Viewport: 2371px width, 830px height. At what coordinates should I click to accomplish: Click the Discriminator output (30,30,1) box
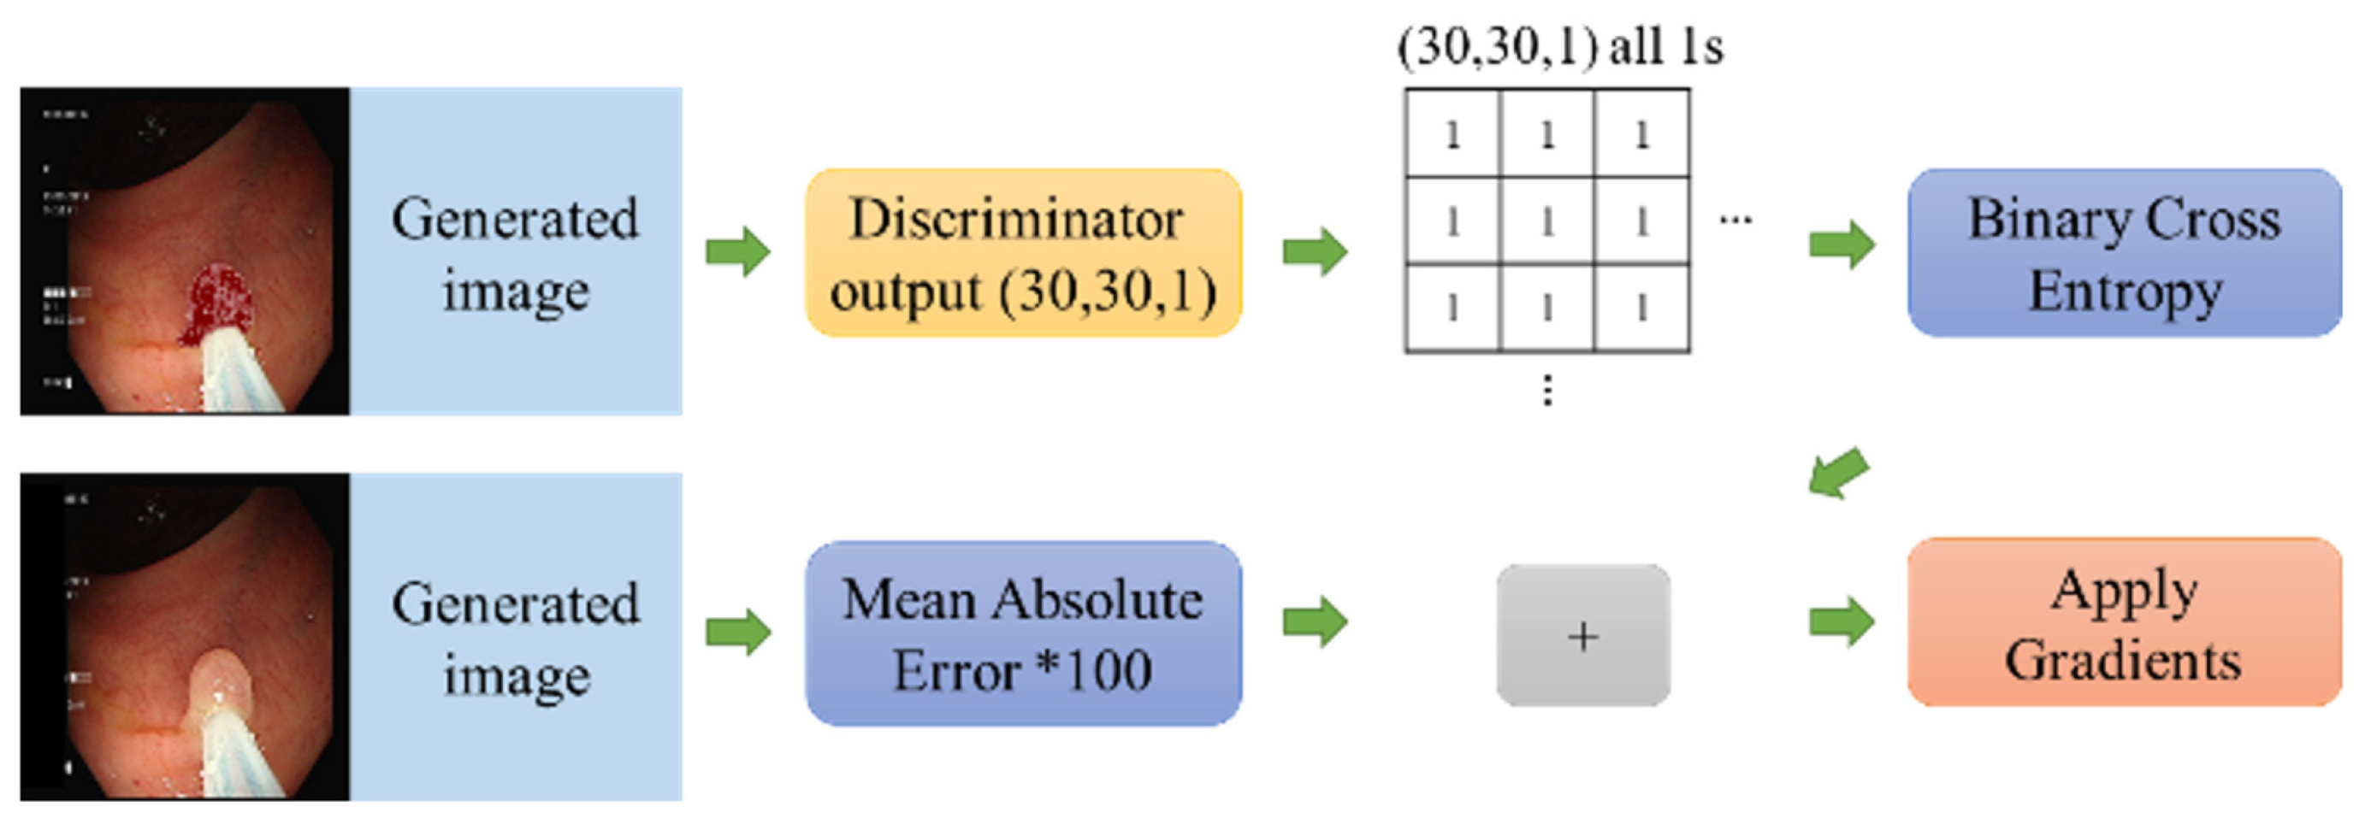(1023, 253)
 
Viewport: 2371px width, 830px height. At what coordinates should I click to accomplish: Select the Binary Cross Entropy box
(2124, 253)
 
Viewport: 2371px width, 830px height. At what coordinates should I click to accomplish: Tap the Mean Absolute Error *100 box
(1023, 633)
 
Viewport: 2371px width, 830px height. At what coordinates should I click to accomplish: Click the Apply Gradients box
(2124, 622)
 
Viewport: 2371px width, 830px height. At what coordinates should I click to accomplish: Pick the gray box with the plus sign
(1582, 635)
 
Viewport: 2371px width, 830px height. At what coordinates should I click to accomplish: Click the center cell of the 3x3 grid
(1546, 221)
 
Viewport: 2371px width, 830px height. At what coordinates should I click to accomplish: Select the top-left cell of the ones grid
(1452, 135)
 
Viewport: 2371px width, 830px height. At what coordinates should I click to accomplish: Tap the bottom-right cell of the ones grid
(1641, 308)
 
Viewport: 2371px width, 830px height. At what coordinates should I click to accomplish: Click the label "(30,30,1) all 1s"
(1559, 46)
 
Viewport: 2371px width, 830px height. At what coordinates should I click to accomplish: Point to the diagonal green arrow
(1838, 474)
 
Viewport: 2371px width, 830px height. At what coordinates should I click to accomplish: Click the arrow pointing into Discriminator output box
(737, 251)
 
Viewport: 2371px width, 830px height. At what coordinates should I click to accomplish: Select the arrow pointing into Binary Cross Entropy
(1841, 244)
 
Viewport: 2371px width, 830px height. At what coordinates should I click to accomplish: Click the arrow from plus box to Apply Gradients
(1841, 622)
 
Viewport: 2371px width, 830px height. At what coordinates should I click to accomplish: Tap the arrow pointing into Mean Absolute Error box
(737, 633)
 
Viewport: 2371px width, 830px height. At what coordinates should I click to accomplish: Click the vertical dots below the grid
(1547, 390)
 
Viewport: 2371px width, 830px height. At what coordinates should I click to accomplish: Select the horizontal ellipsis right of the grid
(1735, 220)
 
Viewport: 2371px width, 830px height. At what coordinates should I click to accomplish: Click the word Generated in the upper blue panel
(515, 219)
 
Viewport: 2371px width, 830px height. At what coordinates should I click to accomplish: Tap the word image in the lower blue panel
(517, 676)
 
